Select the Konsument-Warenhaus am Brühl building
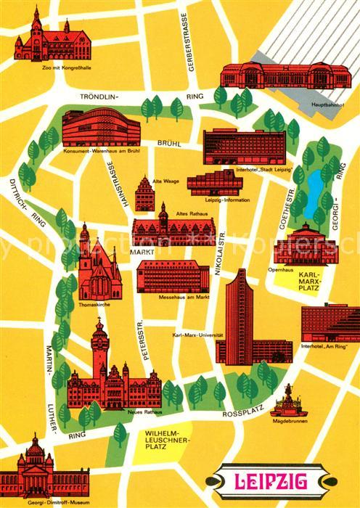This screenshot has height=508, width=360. coord(100,128)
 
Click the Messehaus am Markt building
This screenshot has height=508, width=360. coord(173,275)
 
